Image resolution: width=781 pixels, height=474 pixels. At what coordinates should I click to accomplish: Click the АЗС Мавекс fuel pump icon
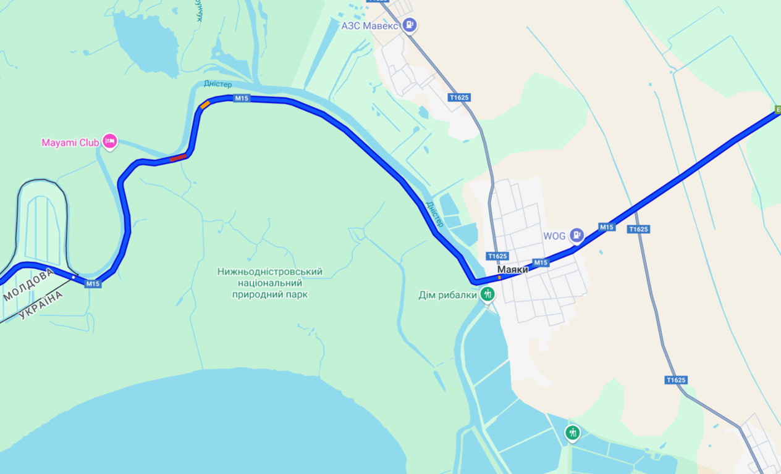[x=409, y=25]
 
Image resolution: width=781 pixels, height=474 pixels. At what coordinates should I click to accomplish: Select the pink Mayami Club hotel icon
[x=110, y=142]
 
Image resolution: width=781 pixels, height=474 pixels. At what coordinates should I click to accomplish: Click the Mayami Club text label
[x=70, y=143]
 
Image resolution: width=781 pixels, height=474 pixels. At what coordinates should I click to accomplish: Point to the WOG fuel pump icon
[x=576, y=235]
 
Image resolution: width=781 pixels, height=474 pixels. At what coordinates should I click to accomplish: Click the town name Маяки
[x=513, y=270]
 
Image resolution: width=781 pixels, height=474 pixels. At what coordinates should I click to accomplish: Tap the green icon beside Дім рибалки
[x=488, y=294]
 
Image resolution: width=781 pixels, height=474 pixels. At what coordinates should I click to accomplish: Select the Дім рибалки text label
[x=447, y=295]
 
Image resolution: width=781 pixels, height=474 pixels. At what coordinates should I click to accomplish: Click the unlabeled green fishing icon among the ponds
[x=573, y=433]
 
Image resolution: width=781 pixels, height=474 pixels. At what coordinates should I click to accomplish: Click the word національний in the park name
[x=270, y=283]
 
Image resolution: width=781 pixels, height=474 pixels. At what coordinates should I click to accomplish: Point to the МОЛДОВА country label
[x=29, y=284]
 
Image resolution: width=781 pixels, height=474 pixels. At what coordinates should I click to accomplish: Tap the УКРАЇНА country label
[x=41, y=304]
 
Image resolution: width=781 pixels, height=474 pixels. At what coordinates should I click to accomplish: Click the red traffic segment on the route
[x=178, y=157]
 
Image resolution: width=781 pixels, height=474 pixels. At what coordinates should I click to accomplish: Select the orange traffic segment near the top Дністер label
[x=205, y=105]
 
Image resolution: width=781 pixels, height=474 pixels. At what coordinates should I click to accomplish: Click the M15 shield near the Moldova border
[x=93, y=284]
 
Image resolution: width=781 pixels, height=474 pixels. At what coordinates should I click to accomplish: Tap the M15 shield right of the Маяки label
[x=541, y=262]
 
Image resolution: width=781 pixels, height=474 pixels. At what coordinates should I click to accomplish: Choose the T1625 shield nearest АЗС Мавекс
[x=459, y=98]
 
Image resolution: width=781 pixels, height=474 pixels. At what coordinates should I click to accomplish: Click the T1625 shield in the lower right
[x=676, y=380]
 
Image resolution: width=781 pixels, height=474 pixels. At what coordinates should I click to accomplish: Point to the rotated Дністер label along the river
[x=434, y=214]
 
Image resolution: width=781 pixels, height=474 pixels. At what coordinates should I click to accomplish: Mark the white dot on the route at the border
[x=73, y=277]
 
